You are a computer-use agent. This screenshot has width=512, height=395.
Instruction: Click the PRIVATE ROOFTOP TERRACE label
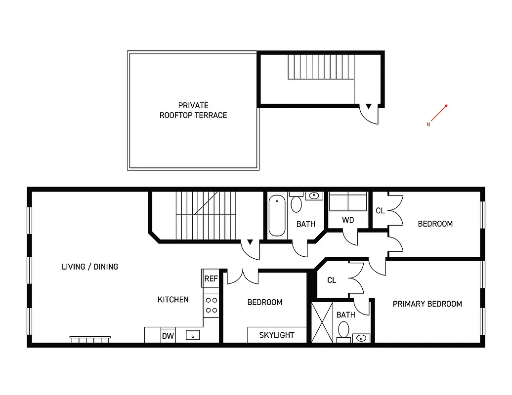(x=193, y=110)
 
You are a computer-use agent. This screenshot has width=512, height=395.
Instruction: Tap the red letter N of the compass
(x=428, y=124)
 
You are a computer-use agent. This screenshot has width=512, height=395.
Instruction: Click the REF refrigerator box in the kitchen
(x=211, y=278)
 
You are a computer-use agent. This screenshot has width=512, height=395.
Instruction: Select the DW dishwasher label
(x=168, y=336)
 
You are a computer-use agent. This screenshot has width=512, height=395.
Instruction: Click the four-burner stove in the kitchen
(x=211, y=305)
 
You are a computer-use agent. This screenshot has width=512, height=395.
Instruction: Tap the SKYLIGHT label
(x=277, y=335)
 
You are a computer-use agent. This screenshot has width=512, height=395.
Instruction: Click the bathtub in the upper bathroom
(x=277, y=215)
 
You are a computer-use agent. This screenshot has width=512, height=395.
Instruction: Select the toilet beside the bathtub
(x=297, y=204)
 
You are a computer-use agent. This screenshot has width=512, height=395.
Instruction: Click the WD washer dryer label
(x=348, y=220)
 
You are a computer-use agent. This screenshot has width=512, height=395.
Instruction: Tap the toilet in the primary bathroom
(x=343, y=329)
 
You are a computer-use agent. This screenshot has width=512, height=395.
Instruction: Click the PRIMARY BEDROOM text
(x=427, y=304)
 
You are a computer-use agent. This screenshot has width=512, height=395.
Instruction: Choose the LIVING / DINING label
(x=90, y=267)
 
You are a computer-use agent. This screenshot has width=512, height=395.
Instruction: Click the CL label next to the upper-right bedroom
(x=380, y=211)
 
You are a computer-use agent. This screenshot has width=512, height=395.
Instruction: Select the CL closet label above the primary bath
(x=332, y=280)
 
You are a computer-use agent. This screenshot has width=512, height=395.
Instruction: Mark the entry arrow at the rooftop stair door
(x=369, y=106)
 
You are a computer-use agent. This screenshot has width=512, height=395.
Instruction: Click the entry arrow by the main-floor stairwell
(x=250, y=242)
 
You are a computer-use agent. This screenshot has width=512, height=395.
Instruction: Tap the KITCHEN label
(x=173, y=299)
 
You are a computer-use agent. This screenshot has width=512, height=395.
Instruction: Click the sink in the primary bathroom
(x=362, y=338)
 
